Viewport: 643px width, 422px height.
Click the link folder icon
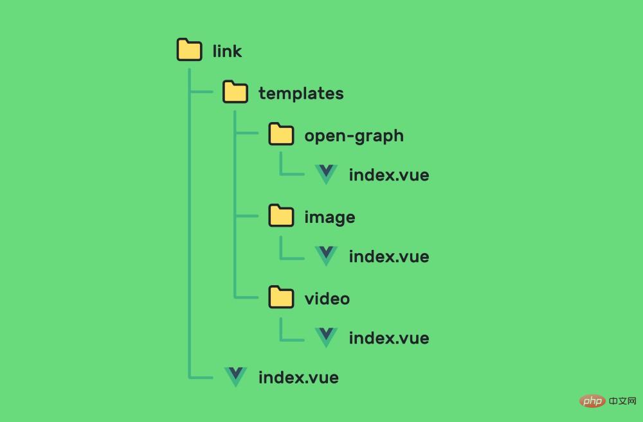189,50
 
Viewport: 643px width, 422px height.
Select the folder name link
227,51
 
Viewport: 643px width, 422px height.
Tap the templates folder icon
235,92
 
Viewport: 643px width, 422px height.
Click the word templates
301,93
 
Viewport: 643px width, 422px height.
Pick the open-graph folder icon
281,134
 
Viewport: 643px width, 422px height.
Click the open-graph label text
354,136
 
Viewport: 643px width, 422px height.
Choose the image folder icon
281,216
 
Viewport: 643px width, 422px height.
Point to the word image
329,217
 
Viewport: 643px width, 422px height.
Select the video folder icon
281,297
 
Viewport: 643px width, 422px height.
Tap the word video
327,299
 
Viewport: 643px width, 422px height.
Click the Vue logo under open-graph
326,174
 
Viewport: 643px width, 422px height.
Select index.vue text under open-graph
388,175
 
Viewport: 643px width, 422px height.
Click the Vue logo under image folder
326,256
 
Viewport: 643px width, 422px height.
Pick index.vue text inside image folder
388,256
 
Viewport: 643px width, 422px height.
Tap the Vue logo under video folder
326,337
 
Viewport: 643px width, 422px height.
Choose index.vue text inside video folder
388,338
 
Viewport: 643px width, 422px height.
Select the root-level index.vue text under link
298,378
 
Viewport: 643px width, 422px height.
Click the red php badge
592,401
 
